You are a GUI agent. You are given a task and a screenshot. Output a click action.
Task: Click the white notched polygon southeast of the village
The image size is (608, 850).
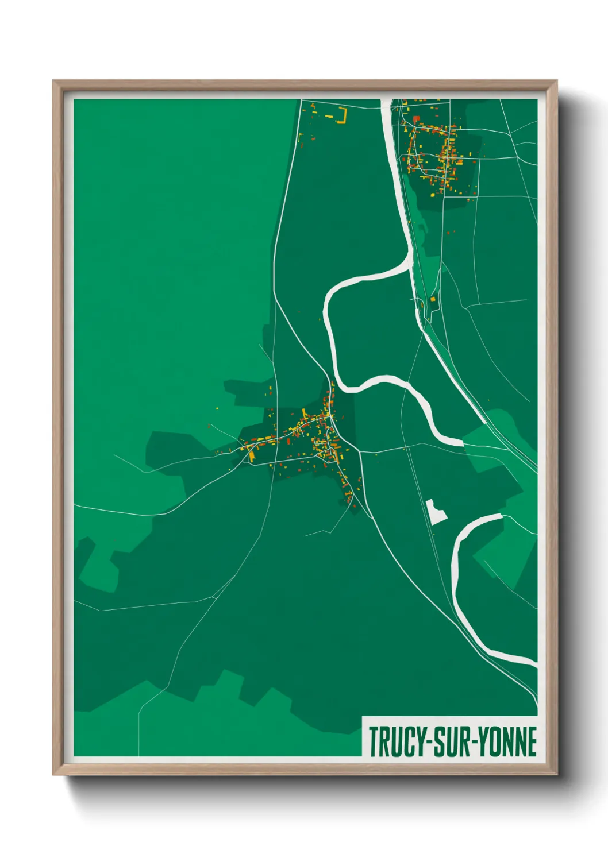pyautogui.click(x=436, y=511)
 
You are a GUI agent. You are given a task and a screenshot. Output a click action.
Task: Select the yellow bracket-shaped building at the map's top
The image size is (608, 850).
pyautogui.click(x=343, y=115)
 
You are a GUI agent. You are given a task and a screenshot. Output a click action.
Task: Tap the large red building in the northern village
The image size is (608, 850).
pyautogui.click(x=416, y=119)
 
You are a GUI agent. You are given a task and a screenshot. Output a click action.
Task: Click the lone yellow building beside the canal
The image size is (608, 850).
pyautogui.click(x=433, y=299)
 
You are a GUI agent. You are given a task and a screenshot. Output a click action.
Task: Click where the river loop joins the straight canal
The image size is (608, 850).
pyautogui.click(x=410, y=258)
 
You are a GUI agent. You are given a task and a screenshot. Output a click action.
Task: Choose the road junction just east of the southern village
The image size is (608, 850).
pyautogui.click(x=360, y=451)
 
